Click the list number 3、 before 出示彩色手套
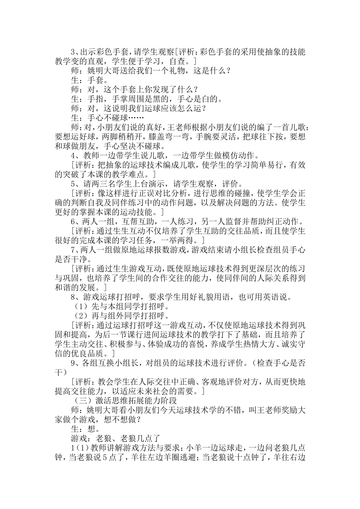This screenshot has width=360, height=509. click(75, 52)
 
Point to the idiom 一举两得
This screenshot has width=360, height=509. click(185, 240)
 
